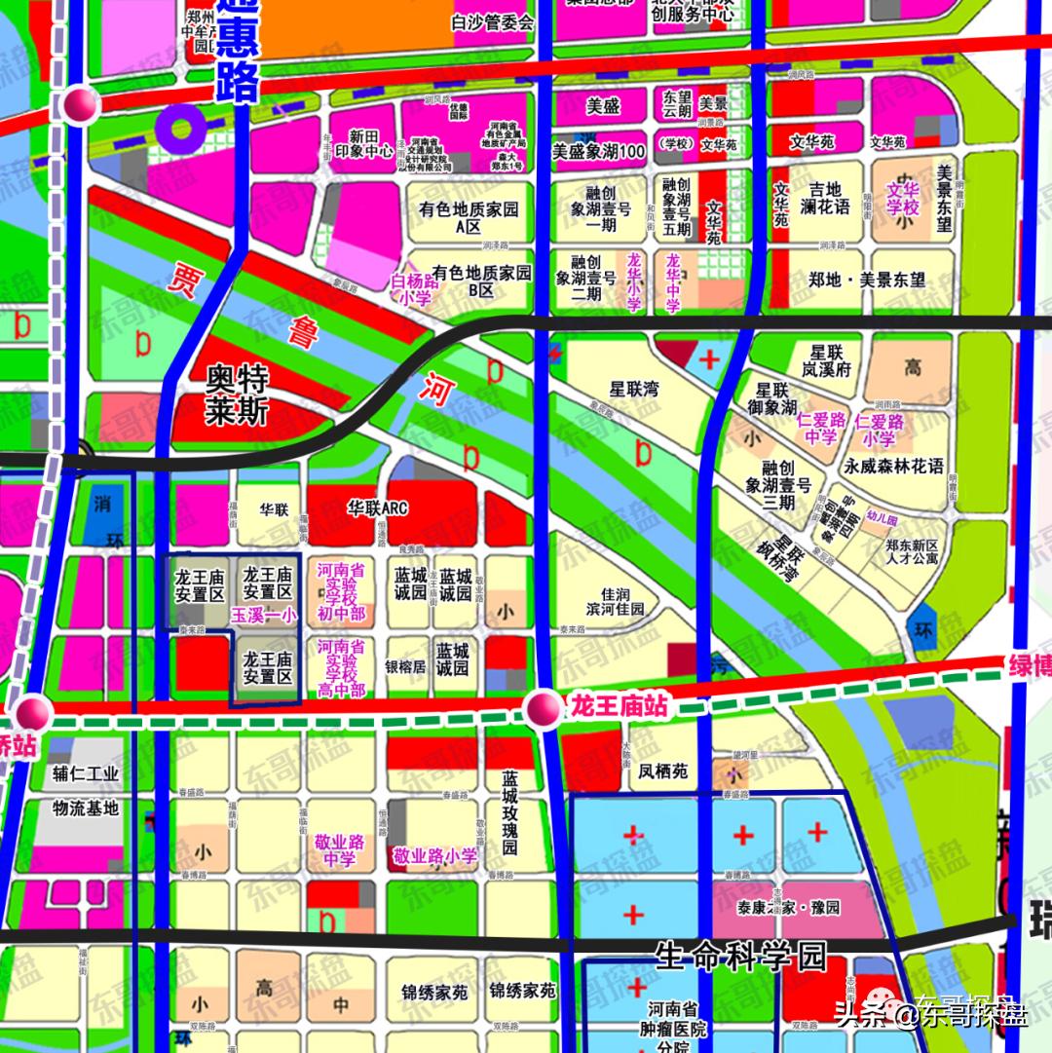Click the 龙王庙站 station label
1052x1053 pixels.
pyautogui.click(x=620, y=705)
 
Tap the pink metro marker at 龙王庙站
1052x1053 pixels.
pyautogui.click(x=543, y=709)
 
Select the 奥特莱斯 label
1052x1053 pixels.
pyautogui.click(x=237, y=395)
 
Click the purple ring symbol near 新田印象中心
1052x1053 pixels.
pyautogui.click(x=182, y=127)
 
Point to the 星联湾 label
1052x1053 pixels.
pyautogui.click(x=634, y=389)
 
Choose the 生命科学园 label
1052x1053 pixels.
pyautogui.click(x=740, y=956)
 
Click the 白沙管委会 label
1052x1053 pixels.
pyautogui.click(x=493, y=21)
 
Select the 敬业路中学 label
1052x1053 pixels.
pyautogui.click(x=339, y=849)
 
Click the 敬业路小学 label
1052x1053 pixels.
pyautogui.click(x=434, y=856)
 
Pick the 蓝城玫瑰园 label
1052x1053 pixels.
pyautogui.click(x=508, y=813)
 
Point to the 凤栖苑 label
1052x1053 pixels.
pyautogui.click(x=663, y=771)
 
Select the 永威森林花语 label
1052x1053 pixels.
pyautogui.click(x=894, y=466)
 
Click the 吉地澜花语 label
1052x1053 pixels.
pyautogui.click(x=828, y=198)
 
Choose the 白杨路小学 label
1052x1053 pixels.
pyautogui.click(x=411, y=289)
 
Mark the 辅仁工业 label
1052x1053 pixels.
pyautogui.click(x=86, y=774)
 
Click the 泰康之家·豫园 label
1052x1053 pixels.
pyautogui.click(x=789, y=907)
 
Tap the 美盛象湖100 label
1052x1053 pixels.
pyautogui.click(x=599, y=151)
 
